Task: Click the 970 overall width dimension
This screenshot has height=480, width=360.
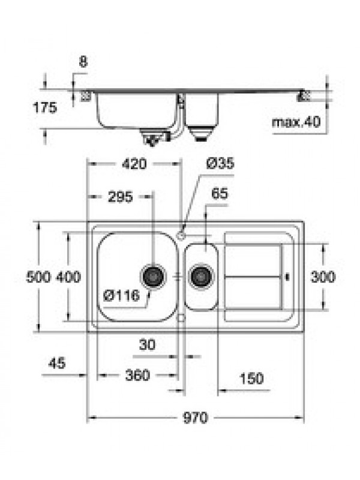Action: pyautogui.click(x=196, y=418)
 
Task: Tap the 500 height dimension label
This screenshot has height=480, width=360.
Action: pyautogui.click(x=38, y=277)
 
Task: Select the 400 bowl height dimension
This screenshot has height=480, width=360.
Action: pyautogui.click(x=68, y=277)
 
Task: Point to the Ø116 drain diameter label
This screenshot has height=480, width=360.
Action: pyautogui.click(x=122, y=296)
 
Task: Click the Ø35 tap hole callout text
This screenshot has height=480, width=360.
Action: pyautogui.click(x=220, y=163)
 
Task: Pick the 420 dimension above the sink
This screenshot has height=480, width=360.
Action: pyautogui.click(x=134, y=164)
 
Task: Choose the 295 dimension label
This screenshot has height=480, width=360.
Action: pyautogui.click(x=121, y=197)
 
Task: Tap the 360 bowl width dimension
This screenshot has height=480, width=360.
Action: pyautogui.click(x=137, y=376)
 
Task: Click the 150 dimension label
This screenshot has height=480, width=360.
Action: pyautogui.click(x=251, y=379)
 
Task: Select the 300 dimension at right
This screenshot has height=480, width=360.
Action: pyautogui.click(x=323, y=277)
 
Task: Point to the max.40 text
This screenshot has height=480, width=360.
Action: pyautogui.click(x=296, y=122)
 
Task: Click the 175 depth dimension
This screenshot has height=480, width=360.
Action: pyautogui.click(x=45, y=108)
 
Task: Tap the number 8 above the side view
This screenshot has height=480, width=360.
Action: pyautogui.click(x=83, y=62)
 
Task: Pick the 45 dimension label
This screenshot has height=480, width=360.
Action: pyautogui.click(x=57, y=363)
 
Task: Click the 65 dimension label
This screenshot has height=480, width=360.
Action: pyautogui.click(x=220, y=193)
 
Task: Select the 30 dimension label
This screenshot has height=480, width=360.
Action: pyautogui.click(x=147, y=345)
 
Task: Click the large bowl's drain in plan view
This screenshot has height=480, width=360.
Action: pyautogui.click(x=153, y=276)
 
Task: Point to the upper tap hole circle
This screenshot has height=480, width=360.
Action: pyautogui.click(x=181, y=235)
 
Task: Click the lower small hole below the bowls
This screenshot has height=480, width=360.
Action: pyautogui.click(x=181, y=318)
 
